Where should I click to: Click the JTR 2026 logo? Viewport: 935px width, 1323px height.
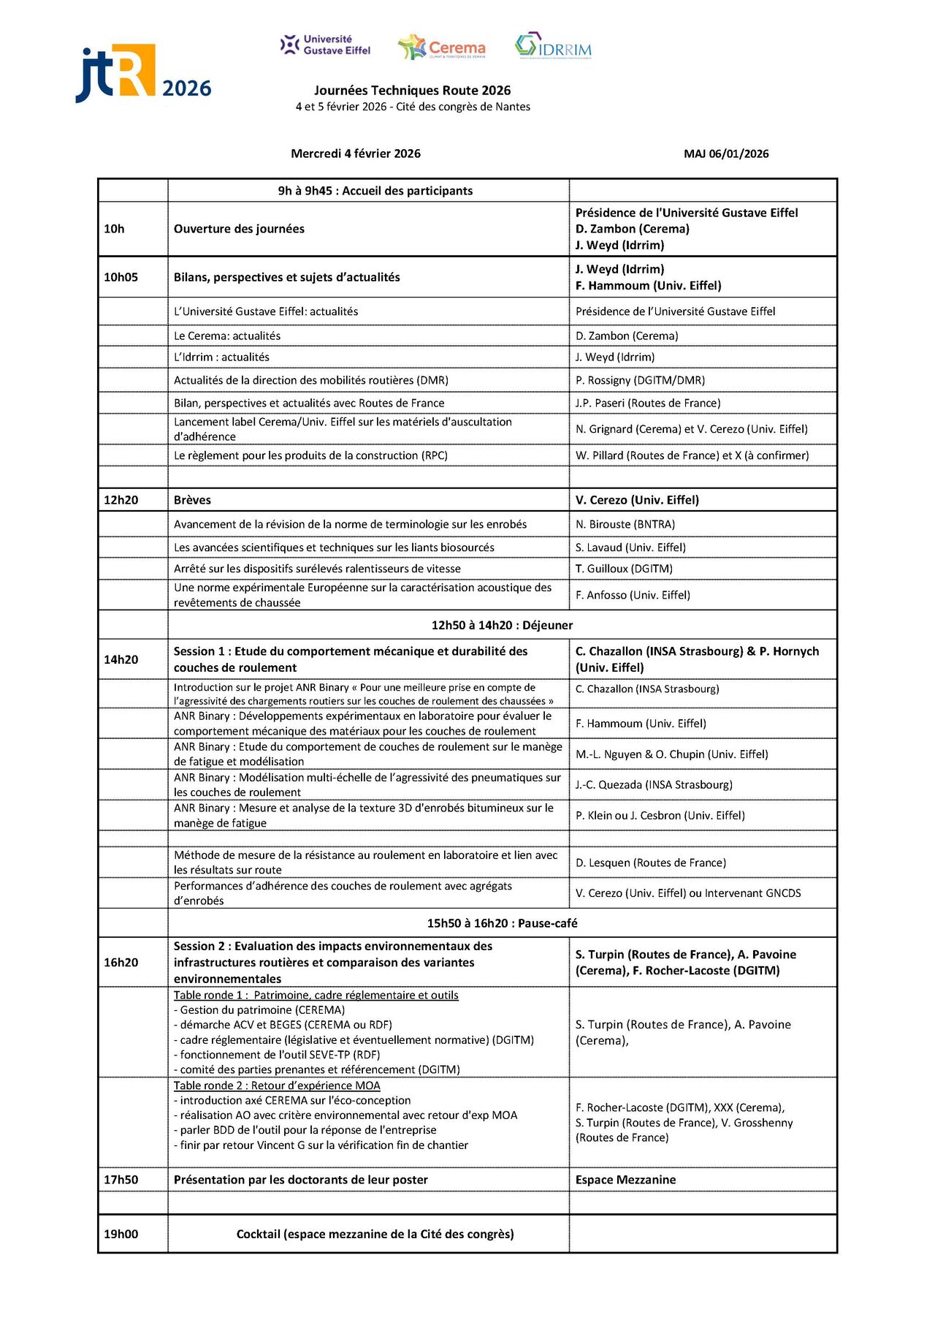point(143,73)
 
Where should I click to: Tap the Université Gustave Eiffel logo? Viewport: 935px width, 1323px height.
point(326,45)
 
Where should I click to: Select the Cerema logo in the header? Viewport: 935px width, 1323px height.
point(442,48)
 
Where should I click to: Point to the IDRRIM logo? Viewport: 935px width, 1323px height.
point(553,46)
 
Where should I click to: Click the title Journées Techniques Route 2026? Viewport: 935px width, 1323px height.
point(412,91)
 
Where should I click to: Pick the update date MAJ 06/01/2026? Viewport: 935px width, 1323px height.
point(726,153)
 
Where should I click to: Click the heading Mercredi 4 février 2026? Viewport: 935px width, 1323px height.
point(356,153)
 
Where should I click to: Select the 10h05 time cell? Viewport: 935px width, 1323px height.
point(121,277)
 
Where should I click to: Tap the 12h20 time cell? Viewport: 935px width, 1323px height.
point(121,500)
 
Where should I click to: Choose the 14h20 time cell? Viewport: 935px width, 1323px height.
point(121,659)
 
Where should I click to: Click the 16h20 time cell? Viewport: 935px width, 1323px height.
point(121,962)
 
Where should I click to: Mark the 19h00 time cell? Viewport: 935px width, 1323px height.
point(121,1234)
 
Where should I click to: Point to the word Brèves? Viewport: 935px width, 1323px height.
point(192,500)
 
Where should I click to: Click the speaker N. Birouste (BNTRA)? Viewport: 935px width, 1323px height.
point(625,524)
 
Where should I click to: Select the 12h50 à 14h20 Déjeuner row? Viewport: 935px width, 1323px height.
point(502,625)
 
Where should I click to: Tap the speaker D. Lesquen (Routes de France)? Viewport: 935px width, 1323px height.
point(651,863)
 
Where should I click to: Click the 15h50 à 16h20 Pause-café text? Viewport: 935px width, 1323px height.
point(502,923)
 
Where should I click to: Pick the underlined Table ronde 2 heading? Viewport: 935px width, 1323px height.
point(277,1085)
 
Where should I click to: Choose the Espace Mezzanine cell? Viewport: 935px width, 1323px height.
point(625,1180)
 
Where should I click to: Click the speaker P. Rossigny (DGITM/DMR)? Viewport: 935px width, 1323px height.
point(640,380)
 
